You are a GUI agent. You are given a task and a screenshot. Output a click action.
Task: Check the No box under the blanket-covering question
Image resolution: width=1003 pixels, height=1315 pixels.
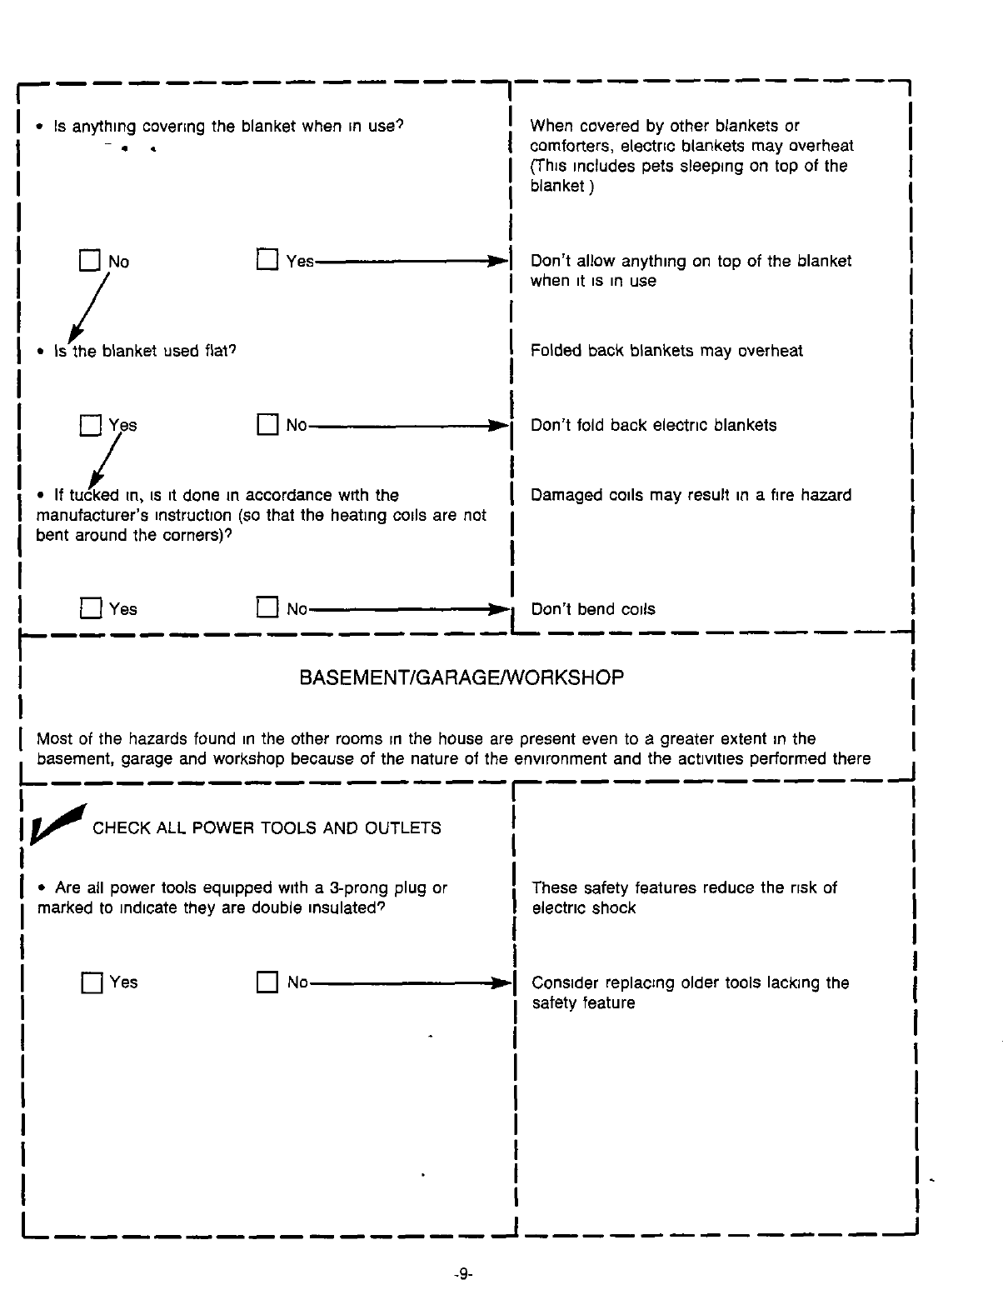pyautogui.click(x=89, y=261)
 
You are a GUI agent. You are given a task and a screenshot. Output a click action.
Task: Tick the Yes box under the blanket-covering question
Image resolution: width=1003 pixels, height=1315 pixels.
pyautogui.click(x=267, y=261)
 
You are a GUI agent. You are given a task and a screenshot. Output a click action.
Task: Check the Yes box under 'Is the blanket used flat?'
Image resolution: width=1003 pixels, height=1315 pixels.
pyautogui.click(x=89, y=426)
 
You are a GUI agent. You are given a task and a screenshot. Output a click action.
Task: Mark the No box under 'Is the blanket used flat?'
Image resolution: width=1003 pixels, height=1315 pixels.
pyautogui.click(x=267, y=425)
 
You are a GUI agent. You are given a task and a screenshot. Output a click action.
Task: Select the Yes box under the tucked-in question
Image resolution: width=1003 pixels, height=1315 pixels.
pyautogui.click(x=90, y=609)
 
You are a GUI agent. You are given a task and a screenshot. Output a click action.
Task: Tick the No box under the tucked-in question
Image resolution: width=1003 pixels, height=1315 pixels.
pyautogui.click(x=267, y=608)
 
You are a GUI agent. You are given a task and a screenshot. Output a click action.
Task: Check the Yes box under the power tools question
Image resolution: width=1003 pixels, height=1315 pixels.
pyautogui.click(x=91, y=983)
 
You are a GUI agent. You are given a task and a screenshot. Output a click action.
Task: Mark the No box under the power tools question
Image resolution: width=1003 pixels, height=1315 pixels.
pyautogui.click(x=267, y=982)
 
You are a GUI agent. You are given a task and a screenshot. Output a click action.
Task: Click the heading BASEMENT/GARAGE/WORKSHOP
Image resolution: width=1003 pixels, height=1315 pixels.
pyautogui.click(x=461, y=677)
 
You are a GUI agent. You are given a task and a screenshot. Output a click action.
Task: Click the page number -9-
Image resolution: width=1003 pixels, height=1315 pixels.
pyautogui.click(x=463, y=1274)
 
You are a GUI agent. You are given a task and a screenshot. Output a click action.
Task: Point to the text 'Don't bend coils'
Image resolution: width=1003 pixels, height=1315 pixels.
pyautogui.click(x=592, y=609)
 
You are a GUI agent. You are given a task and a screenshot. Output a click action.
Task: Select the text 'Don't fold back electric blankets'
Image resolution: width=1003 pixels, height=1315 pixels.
pyautogui.click(x=653, y=425)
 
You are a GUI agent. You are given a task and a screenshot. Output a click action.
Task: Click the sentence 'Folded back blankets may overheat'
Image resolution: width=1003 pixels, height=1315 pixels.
pyautogui.click(x=666, y=351)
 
